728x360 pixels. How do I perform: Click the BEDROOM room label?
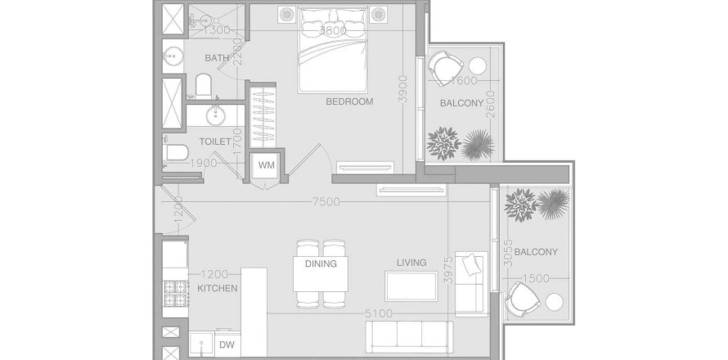tap(349, 102)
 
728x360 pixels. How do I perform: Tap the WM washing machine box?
tap(266, 165)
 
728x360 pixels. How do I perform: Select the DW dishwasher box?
tap(226, 344)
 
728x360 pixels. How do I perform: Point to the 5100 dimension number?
tap(379, 313)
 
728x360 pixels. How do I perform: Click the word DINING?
tap(321, 263)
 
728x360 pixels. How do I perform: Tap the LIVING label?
tap(411, 263)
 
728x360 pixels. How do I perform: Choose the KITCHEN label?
tap(217, 288)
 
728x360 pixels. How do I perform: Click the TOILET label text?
tap(214, 142)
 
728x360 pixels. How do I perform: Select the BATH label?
tap(217, 58)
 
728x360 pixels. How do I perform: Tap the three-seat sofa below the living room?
tap(408, 335)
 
